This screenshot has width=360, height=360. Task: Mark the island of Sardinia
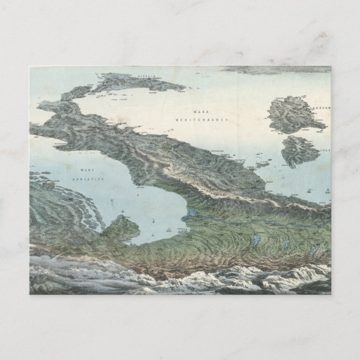click(288, 116)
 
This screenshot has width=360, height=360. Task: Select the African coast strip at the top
click(280, 69)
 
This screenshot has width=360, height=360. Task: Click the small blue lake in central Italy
click(150, 149)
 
